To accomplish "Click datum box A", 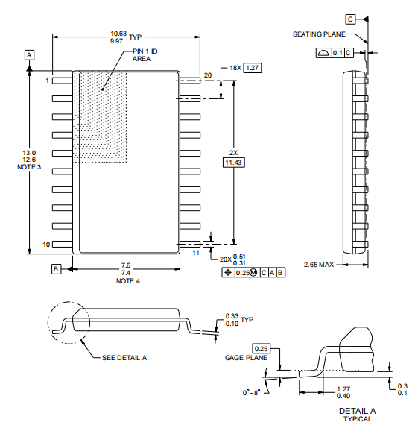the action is tap(29, 55).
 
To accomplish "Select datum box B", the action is tap(56, 269).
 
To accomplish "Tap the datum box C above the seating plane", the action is tap(350, 19).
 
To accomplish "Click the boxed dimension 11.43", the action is tap(233, 163).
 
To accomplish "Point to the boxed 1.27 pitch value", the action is tap(252, 68).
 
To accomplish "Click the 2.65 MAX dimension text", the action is tap(319, 265).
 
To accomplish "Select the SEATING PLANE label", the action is tap(319, 34).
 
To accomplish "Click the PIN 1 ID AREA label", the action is tap(145, 55).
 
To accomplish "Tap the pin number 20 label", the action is tap(208, 75).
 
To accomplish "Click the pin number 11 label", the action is tap(196, 253).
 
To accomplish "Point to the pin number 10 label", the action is tap(46, 245).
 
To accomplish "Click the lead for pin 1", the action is tap(63, 81).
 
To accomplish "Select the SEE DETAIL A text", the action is tap(124, 358).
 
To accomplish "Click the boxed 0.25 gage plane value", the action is tap(261, 348).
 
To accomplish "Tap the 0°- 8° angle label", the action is tap(252, 392).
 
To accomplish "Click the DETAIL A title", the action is tap(357, 411).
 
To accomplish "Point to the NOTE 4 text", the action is tap(128, 281).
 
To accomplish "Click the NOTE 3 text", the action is tap(29, 167).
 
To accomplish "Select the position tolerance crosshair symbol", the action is tap(228, 272).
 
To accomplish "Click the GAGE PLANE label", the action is tap(246, 358).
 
